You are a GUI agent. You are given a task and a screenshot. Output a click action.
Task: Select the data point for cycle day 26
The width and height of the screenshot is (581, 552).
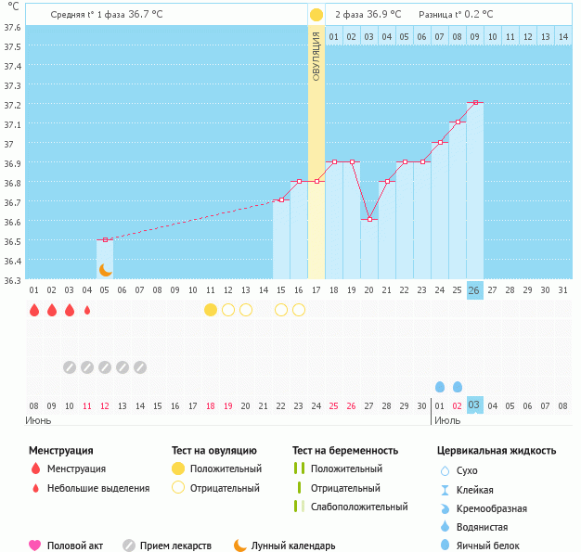coord(475,102)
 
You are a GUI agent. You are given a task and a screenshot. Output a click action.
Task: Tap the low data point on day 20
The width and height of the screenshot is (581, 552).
coord(369,219)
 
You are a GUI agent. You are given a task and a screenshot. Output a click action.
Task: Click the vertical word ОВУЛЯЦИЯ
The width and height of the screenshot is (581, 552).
coord(316,57)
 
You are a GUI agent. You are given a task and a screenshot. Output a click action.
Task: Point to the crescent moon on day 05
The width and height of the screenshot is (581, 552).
coord(105,270)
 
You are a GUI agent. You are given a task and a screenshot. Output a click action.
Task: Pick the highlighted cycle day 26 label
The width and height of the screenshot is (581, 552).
coord(474,290)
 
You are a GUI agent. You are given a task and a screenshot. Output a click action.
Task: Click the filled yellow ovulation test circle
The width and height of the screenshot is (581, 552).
coord(211,310)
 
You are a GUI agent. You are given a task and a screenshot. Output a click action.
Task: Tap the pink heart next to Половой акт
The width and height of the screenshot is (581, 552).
coord(35,546)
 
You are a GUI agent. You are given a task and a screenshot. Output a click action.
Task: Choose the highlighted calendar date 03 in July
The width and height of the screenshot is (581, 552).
coord(474,405)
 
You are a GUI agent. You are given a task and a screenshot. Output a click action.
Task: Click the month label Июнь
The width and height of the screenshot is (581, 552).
coord(38,419)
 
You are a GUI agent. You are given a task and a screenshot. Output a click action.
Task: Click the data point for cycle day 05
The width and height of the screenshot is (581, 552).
coord(105,239)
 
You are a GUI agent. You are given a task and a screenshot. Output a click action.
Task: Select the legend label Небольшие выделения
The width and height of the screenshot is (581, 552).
coord(98,488)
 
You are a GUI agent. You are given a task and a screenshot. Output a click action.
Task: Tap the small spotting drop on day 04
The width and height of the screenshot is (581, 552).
coord(87,311)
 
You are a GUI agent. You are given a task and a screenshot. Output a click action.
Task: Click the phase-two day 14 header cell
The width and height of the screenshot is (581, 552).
coord(562,36)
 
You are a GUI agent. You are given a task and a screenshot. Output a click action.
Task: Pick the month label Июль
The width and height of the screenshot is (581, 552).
coord(447,419)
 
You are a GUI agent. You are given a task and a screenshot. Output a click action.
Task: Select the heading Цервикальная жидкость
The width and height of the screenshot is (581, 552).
coord(497,451)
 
